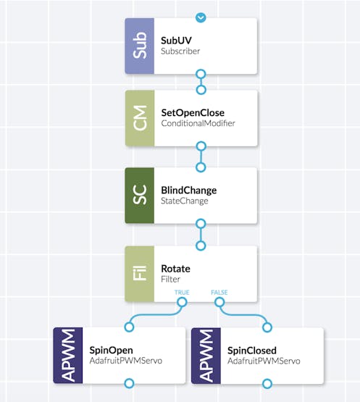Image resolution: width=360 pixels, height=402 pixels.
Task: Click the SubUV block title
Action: [176, 41]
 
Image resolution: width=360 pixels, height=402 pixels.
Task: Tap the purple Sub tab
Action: [140, 46]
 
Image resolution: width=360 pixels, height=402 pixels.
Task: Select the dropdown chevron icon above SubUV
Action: [201, 17]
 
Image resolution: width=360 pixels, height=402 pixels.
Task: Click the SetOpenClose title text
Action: [193, 113]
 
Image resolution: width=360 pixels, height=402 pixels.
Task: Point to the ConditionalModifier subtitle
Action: [198, 123]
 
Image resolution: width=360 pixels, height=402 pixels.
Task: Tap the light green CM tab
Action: [140, 118]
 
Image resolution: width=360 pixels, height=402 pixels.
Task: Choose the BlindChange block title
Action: [189, 190]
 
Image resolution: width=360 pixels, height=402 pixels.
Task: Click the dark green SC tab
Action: [140, 196]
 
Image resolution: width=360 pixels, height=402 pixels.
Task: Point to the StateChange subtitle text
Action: [185, 201]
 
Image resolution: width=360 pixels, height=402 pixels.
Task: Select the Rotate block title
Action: [175, 269]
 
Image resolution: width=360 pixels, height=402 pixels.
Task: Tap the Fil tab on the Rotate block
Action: [140, 274]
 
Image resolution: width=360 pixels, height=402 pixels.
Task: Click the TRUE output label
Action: [182, 293]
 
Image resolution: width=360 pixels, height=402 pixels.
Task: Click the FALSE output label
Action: [219, 293]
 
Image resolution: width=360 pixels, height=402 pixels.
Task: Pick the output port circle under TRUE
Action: [182, 302]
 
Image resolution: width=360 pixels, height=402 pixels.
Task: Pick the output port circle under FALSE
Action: [219, 302]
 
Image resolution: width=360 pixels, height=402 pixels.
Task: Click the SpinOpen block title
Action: [111, 351]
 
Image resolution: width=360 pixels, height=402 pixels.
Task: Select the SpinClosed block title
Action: [252, 351]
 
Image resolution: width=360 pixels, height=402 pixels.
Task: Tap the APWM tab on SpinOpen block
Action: [68, 356]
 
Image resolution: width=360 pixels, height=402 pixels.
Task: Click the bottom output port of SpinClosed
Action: [267, 384]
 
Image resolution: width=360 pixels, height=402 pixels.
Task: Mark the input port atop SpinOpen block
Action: [129, 327]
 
